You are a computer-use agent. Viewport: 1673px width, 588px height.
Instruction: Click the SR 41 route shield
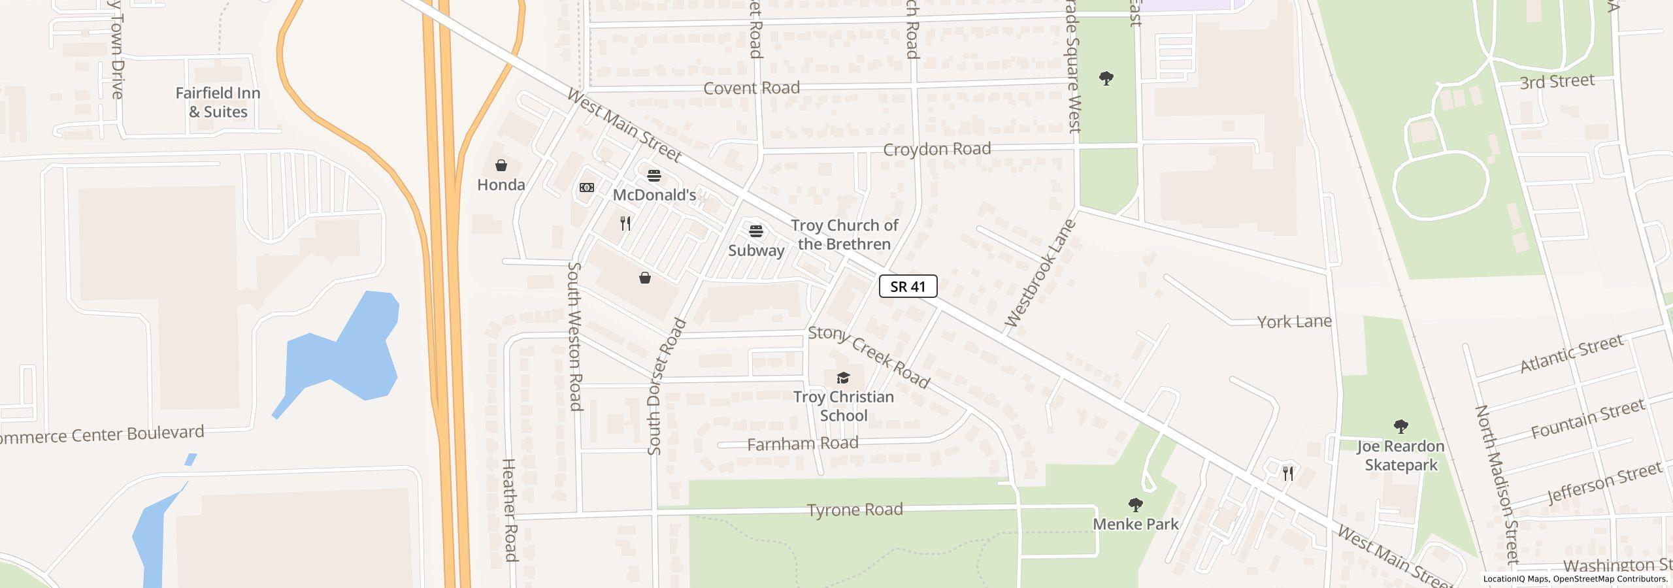click(908, 286)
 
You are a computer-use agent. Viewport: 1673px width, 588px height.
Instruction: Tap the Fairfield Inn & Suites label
click(218, 103)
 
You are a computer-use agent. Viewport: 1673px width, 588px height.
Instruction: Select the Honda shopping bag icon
click(501, 165)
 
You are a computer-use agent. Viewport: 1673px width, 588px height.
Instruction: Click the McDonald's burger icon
click(654, 176)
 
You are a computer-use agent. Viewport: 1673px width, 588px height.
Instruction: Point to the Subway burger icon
click(756, 231)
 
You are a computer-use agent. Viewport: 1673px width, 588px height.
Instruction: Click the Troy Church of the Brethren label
click(844, 235)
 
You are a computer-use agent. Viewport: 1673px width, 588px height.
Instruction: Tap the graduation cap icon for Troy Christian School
click(843, 378)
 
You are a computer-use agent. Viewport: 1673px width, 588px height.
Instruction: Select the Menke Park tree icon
click(1136, 505)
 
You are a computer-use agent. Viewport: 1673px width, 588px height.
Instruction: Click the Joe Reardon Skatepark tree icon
click(1400, 427)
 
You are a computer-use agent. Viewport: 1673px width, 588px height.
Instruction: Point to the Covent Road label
click(752, 88)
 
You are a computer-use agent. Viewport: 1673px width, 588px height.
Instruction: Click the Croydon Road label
click(936, 149)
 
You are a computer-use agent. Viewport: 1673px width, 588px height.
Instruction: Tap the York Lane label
click(1294, 321)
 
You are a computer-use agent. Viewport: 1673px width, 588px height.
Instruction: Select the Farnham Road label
click(802, 444)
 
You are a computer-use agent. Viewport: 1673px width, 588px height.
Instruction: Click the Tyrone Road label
click(855, 510)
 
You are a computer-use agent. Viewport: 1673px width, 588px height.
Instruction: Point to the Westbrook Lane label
click(1040, 273)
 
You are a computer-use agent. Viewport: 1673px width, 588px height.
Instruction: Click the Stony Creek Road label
click(869, 357)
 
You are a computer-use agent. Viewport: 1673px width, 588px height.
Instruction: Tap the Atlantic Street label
click(1571, 353)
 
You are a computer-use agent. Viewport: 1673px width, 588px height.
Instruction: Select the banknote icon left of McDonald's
click(587, 188)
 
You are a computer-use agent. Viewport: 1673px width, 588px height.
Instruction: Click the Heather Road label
click(510, 510)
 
